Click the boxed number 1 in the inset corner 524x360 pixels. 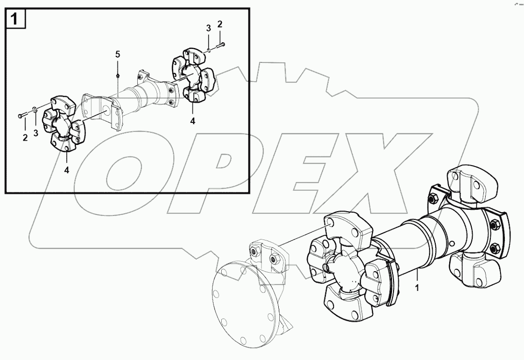pos(14,20)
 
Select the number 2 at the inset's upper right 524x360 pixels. pos(220,24)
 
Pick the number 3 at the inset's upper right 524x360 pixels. pos(209,29)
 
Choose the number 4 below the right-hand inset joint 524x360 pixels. pos(192,121)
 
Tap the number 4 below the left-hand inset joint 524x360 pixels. pos(67,169)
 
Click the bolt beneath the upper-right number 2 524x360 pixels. pos(220,45)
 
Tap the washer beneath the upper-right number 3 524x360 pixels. pos(209,50)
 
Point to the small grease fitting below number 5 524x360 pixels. pos(118,76)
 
